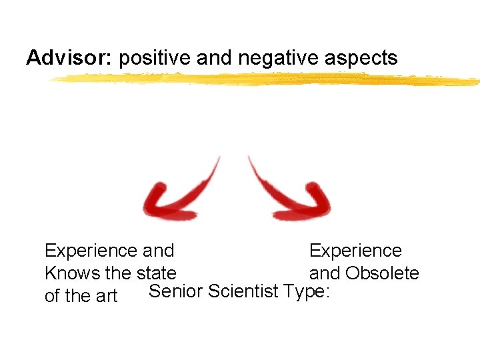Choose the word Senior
(x=175, y=291)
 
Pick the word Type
(x=306, y=292)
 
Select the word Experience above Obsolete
(x=355, y=251)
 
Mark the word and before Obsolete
(x=323, y=273)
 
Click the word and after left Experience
(x=159, y=251)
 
